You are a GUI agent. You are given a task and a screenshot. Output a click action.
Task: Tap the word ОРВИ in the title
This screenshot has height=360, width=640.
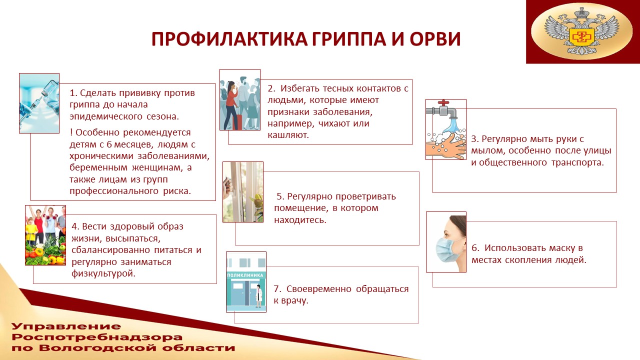(435, 39)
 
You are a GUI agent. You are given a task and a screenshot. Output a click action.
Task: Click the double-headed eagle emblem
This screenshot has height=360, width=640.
(581, 31)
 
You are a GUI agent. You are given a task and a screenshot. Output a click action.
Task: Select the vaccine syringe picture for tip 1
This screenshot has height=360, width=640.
(39, 103)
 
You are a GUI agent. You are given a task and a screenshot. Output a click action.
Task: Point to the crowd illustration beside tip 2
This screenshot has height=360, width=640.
(240, 99)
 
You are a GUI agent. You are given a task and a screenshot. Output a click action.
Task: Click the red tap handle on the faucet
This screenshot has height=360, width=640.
(443, 103)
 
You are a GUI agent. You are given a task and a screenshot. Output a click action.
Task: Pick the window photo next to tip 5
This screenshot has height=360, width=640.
(243, 192)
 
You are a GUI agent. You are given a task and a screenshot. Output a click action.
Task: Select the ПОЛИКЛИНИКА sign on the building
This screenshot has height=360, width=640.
(245, 275)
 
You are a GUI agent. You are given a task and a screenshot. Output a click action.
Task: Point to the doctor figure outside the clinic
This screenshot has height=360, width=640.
(258, 296)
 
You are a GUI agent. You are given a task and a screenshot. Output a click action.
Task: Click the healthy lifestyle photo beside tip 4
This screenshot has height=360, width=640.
(45, 235)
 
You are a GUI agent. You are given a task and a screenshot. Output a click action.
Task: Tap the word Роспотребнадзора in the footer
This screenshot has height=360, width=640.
(97, 337)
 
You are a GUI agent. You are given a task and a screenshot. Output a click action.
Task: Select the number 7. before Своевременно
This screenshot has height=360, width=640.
(277, 289)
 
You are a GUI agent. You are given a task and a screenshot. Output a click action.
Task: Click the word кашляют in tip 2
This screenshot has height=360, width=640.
(288, 135)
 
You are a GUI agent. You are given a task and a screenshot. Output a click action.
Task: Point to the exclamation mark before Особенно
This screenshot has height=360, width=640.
(71, 132)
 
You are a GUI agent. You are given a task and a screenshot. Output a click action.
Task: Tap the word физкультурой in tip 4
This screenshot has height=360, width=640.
(103, 273)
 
